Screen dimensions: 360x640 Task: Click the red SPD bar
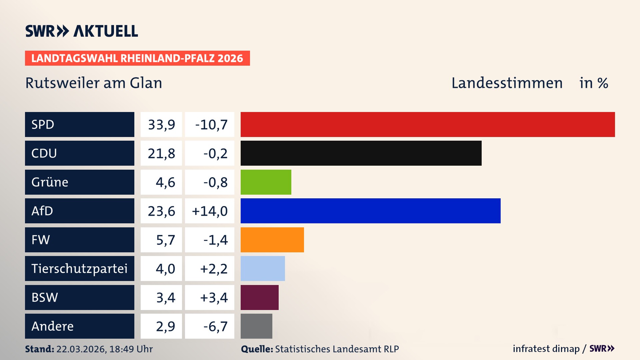(428, 124)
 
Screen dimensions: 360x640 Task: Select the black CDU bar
(361, 153)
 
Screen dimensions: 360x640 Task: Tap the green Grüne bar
(266, 182)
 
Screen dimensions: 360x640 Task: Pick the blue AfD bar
(370, 211)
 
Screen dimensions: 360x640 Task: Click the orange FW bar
(272, 240)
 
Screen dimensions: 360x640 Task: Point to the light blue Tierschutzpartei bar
(263, 268)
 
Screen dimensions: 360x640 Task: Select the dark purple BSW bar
(259, 297)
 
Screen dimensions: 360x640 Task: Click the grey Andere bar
(256, 326)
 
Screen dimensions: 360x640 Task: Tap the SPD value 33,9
(161, 125)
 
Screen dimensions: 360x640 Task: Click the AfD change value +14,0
(210, 211)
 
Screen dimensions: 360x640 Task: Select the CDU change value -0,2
(215, 153)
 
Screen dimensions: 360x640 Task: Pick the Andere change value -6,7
(215, 326)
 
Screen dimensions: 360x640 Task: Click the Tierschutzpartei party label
(79, 269)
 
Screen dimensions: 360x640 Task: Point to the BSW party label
(45, 297)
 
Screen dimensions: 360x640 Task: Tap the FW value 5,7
(165, 240)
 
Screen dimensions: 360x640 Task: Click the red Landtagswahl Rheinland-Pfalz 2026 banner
(137, 58)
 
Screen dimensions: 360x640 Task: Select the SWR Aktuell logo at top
(82, 31)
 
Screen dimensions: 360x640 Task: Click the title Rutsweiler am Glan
(94, 83)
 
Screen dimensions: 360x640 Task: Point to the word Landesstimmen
(507, 83)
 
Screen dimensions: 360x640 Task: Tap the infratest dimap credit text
(546, 349)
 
